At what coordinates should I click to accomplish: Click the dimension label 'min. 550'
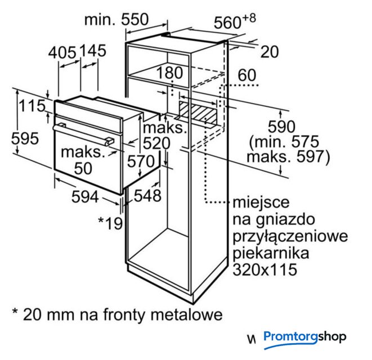pyautogui.click(x=116, y=20)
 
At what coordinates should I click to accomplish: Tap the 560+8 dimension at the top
pyautogui.click(x=235, y=21)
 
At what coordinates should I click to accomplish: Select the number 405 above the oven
pyautogui.click(x=62, y=52)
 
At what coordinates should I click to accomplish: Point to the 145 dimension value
pyautogui.click(x=92, y=51)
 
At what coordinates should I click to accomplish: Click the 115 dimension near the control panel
pyautogui.click(x=32, y=106)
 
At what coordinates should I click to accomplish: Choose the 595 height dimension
pyautogui.click(x=25, y=138)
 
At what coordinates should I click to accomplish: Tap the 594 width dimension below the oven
pyautogui.click(x=85, y=197)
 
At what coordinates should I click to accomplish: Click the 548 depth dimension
pyautogui.click(x=147, y=196)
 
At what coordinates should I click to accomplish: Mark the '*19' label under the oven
pyautogui.click(x=110, y=223)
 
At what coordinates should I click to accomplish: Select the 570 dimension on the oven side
pyautogui.click(x=141, y=161)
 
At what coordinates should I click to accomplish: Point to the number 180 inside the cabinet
pyautogui.click(x=169, y=73)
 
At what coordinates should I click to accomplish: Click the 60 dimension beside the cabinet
pyautogui.click(x=247, y=75)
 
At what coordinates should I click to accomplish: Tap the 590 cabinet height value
pyautogui.click(x=281, y=127)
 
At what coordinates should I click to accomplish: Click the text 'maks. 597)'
pyautogui.click(x=288, y=157)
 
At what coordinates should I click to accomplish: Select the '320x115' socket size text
pyautogui.click(x=265, y=269)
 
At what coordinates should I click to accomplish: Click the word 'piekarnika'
pyautogui.click(x=271, y=253)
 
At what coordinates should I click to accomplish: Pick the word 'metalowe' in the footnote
pyautogui.click(x=186, y=314)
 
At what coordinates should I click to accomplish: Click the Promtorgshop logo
pyautogui.click(x=305, y=337)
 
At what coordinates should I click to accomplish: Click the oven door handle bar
pyautogui.click(x=83, y=134)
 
